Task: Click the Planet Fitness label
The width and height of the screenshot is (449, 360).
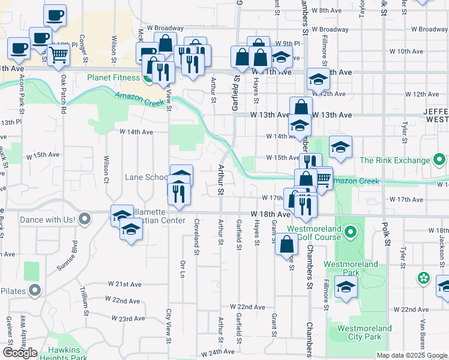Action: [x=113, y=77]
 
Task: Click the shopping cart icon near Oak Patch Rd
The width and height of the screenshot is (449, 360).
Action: [x=59, y=55]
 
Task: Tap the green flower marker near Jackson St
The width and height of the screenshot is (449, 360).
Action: [x=424, y=278]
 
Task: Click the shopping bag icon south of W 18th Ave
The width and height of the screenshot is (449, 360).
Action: [x=287, y=244]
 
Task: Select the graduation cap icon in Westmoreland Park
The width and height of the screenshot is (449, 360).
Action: [x=346, y=288]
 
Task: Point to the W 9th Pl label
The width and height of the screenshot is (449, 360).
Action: [x=288, y=44]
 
